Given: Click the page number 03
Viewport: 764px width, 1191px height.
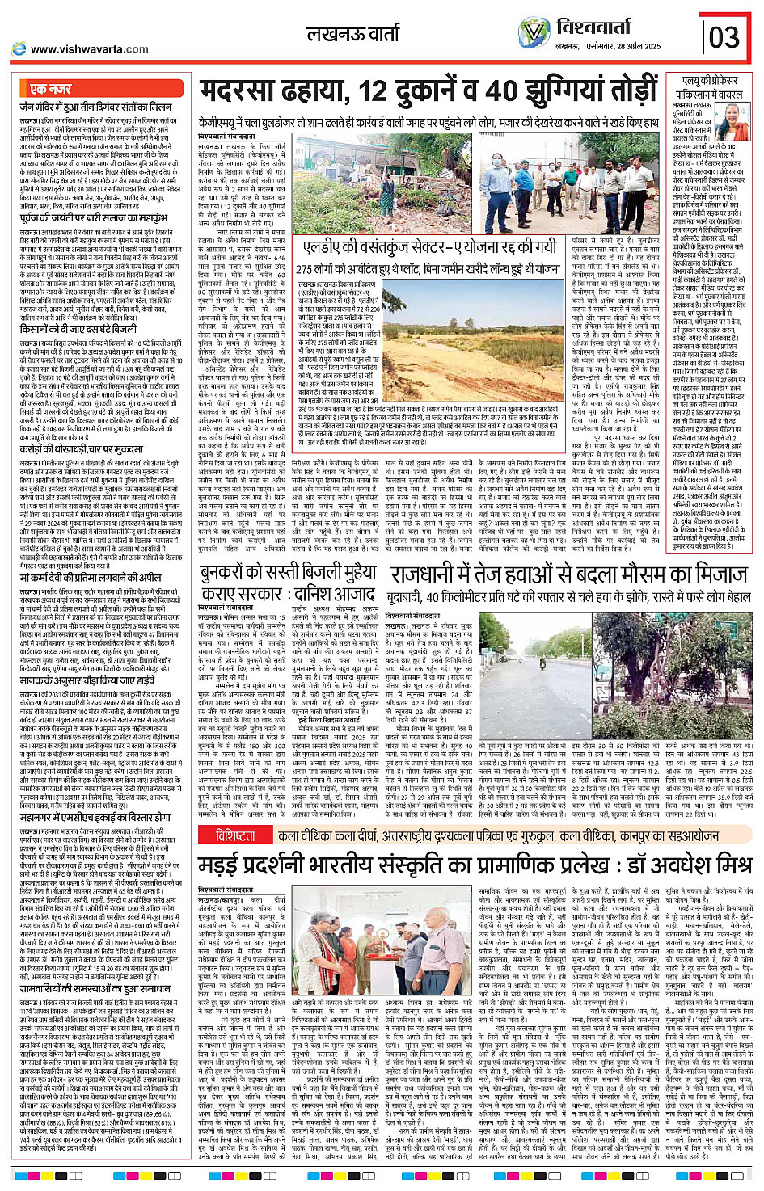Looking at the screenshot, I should [x=724, y=37].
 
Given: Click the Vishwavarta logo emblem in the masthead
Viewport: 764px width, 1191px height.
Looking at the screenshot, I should [x=534, y=33].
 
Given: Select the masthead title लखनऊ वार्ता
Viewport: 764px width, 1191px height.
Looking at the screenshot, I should [x=352, y=34].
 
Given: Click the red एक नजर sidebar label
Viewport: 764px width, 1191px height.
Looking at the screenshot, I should [x=51, y=89].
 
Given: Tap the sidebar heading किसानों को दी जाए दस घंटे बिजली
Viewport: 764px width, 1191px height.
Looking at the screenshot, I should [x=79, y=330].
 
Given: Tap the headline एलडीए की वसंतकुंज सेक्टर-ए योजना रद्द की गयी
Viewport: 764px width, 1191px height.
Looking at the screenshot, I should [x=428, y=246].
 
